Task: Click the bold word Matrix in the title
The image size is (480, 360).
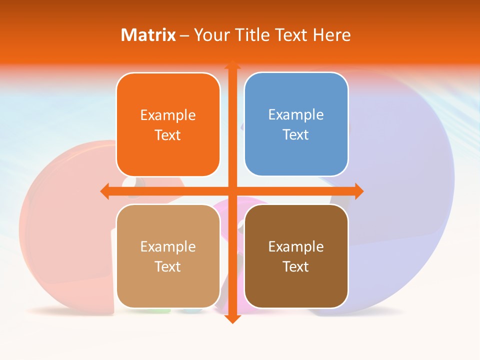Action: click(148, 35)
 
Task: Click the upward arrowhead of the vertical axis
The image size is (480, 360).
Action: click(232, 64)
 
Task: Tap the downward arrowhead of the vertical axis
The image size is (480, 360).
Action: click(232, 318)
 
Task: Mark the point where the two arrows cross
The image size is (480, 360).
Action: click(232, 191)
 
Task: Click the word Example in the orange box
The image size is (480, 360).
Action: click(168, 115)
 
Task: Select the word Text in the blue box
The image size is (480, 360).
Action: click(295, 135)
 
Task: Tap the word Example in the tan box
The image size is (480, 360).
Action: click(168, 247)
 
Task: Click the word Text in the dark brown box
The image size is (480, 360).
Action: click(295, 266)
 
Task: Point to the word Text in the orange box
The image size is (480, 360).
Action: click(167, 135)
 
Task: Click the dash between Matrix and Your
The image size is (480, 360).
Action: click(184, 35)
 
